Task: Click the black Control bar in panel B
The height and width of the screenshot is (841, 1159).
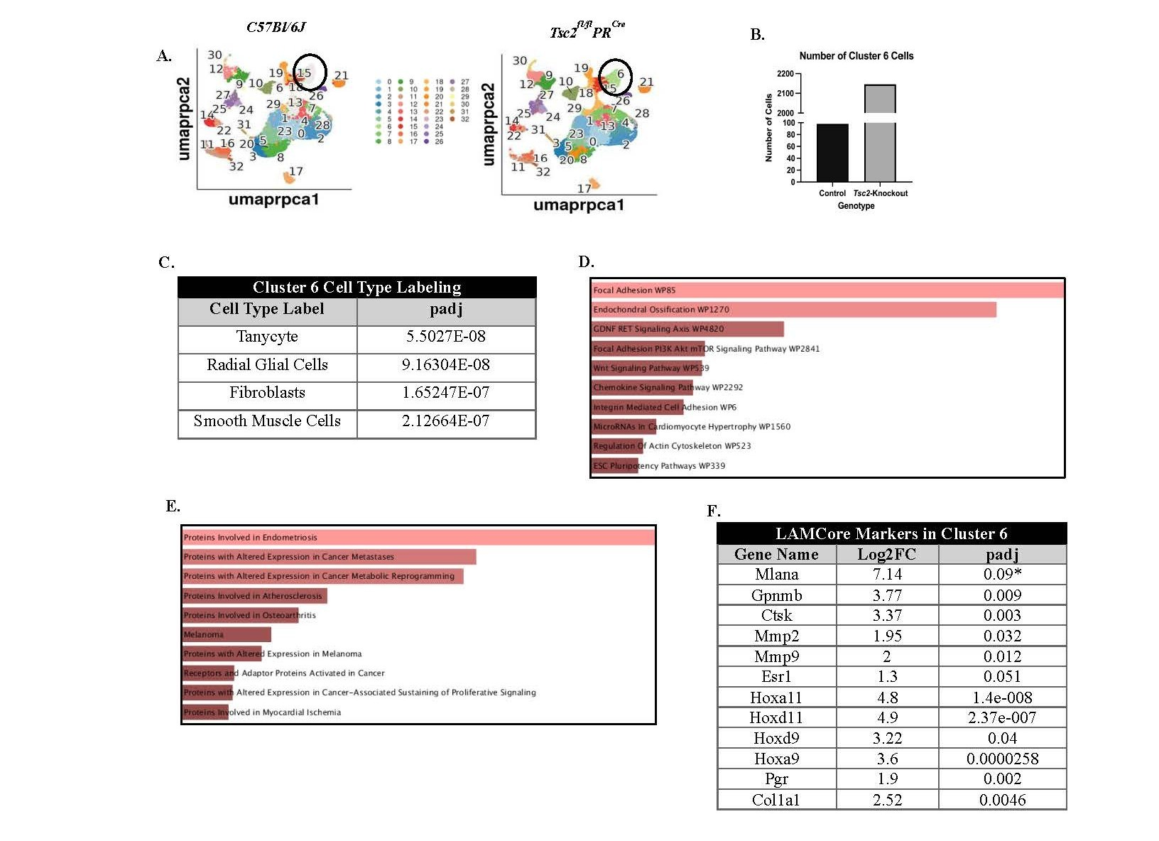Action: (x=832, y=153)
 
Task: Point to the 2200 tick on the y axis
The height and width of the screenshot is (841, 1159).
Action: (x=785, y=74)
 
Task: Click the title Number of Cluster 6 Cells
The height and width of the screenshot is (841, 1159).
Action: (x=856, y=55)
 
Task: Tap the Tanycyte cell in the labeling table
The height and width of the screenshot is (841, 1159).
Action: (x=267, y=337)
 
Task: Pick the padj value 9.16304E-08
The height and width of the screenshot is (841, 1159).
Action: (x=445, y=365)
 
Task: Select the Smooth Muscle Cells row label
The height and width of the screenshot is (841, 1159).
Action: (x=267, y=421)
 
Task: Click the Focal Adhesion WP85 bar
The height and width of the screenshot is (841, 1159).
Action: (x=827, y=290)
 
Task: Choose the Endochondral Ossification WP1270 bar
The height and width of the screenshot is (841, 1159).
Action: (x=793, y=310)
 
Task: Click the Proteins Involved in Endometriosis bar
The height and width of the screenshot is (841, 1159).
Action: (x=418, y=537)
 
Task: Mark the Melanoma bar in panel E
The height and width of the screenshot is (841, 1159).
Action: (x=227, y=634)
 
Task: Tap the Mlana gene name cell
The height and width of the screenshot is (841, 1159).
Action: (x=776, y=574)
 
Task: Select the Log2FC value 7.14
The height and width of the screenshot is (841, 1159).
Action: (x=887, y=574)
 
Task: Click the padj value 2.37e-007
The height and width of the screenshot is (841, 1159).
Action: (x=1002, y=717)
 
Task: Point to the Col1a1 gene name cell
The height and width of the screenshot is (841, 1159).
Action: (x=776, y=800)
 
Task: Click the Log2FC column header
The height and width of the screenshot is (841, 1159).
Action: (x=887, y=554)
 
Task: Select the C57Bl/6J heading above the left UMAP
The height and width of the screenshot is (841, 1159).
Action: (x=276, y=27)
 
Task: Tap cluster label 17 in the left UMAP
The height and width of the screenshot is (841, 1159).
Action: (x=296, y=171)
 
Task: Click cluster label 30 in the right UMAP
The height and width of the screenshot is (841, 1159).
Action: (x=520, y=61)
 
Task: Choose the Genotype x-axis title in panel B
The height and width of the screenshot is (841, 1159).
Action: (x=856, y=206)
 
